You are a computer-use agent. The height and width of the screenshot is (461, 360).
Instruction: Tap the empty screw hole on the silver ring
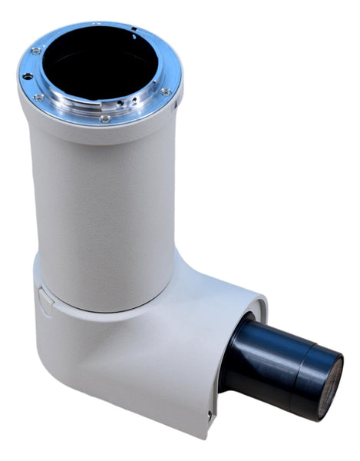click(x=28, y=76)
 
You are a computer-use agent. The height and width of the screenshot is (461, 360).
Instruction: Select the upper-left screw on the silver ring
click(x=36, y=51)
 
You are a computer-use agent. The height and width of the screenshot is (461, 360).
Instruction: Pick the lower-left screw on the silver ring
click(x=38, y=98)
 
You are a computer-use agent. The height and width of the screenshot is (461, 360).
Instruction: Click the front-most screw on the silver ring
click(x=105, y=119)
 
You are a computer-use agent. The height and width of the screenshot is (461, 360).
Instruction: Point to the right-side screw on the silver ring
click(x=166, y=92)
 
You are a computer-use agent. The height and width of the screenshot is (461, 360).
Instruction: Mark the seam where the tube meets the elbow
click(x=107, y=307)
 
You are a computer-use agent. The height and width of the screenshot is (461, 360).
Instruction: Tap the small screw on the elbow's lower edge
click(x=209, y=415)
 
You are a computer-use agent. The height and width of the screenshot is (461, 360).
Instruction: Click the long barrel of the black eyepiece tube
click(x=269, y=361)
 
